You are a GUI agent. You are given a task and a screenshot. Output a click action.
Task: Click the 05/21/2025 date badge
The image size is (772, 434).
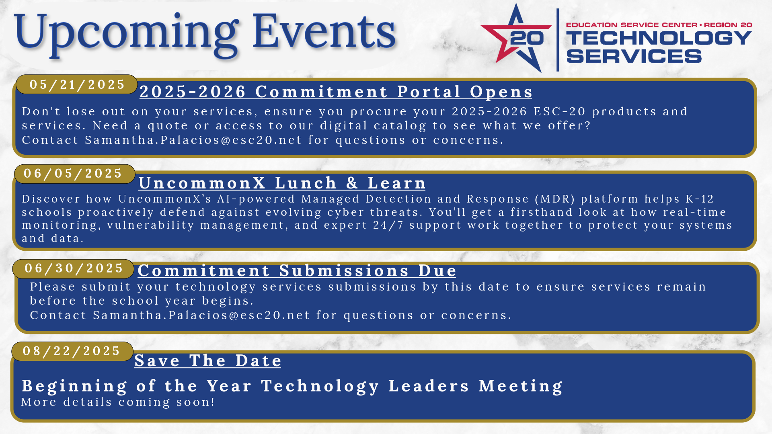pos(77,84)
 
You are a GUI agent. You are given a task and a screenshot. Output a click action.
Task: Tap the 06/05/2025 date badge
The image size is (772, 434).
pos(75,174)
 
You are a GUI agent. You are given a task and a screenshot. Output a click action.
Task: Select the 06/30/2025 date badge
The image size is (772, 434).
pos(73,268)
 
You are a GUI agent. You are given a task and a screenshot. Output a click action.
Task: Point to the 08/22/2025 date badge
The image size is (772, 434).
pos(72,351)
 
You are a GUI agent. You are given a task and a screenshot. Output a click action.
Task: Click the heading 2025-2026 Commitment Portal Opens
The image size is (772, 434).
pos(336,92)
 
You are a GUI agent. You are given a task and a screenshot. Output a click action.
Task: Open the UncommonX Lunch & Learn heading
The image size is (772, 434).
pos(282,183)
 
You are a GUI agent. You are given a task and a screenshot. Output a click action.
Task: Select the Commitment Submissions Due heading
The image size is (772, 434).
pos(297,270)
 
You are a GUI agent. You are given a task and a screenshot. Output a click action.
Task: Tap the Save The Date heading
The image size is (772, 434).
pos(208,360)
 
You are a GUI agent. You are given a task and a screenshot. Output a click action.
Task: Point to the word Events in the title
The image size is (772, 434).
pos(324,31)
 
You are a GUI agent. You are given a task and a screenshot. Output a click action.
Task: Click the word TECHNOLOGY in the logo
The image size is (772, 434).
pos(659,38)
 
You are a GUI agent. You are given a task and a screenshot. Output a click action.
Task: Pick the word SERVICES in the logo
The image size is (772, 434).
pos(634,56)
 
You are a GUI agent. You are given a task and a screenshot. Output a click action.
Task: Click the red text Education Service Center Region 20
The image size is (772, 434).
pos(659,25)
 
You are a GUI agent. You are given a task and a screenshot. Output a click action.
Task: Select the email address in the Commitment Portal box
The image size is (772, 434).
pos(193,140)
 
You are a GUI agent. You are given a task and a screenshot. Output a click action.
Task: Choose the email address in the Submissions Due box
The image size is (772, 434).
pos(201,315)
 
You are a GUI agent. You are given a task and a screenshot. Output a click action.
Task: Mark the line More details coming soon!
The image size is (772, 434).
pos(118,402)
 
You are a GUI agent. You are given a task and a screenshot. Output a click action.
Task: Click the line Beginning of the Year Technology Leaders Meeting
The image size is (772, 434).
pos(292,386)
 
